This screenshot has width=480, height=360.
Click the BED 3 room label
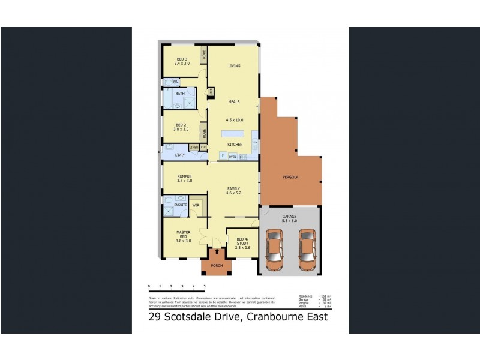[181, 59]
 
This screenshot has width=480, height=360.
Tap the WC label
[176, 81]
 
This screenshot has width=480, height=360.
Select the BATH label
[180, 94]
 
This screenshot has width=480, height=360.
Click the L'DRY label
[179, 155]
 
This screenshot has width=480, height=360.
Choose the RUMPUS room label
[184, 176]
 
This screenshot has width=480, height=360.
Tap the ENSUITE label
[180, 205]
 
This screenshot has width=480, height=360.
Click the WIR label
[196, 205]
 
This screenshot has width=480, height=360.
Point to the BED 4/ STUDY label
[242, 242]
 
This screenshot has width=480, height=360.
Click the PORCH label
[216, 265]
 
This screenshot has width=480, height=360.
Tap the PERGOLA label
[291, 178]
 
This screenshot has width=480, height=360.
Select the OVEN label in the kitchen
[232, 157]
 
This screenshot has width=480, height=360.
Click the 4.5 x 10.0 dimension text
[234, 120]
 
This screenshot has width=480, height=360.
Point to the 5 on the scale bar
[205, 286]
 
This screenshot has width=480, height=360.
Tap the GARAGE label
[290, 217]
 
